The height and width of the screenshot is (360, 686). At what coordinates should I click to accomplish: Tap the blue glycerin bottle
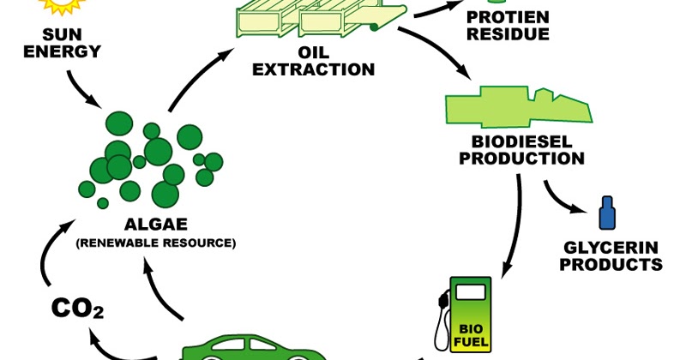click(x=607, y=213)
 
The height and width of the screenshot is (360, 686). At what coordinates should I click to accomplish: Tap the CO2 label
click(x=77, y=308)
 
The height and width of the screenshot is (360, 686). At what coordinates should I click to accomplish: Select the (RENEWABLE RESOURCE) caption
click(x=155, y=243)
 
